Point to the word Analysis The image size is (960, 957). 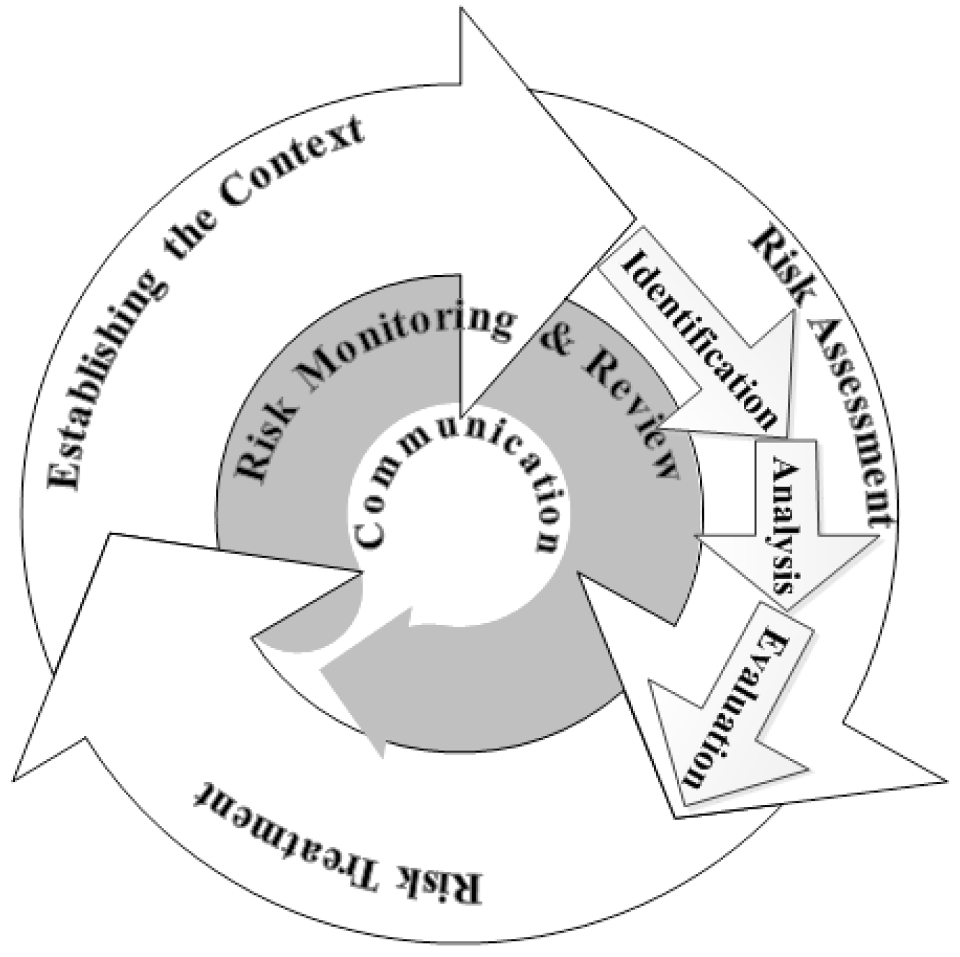pos(785,525)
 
